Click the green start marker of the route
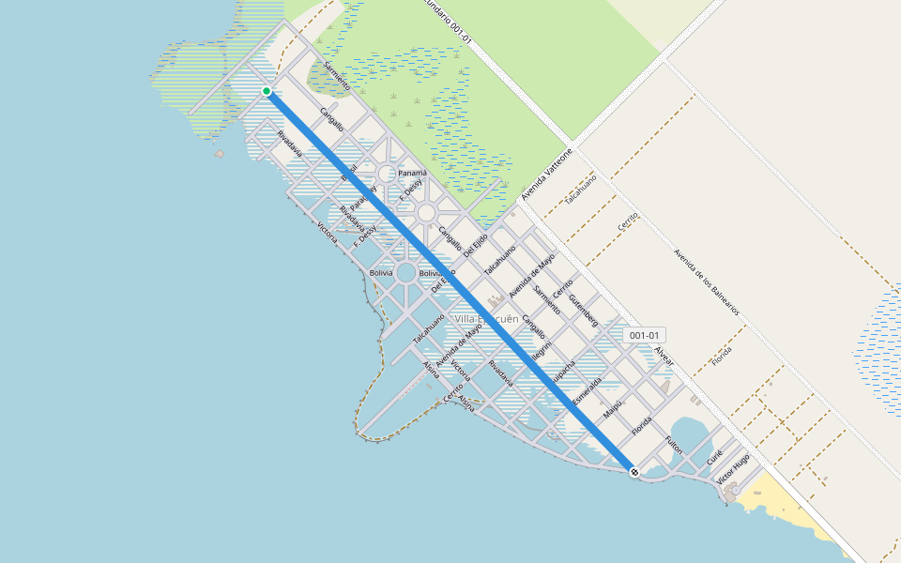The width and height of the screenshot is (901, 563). [267, 91]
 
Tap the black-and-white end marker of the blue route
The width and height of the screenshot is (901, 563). [634, 472]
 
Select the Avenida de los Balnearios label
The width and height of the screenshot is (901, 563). [706, 281]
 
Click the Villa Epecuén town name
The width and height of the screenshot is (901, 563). [486, 319]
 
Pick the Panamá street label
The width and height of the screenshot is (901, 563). [412, 173]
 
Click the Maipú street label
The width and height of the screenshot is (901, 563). [613, 409]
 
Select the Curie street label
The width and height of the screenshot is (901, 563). [715, 460]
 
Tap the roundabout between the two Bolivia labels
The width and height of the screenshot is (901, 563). [405, 273]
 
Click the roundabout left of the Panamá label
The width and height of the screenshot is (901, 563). [387, 174]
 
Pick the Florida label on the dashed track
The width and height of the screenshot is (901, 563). [721, 356]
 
